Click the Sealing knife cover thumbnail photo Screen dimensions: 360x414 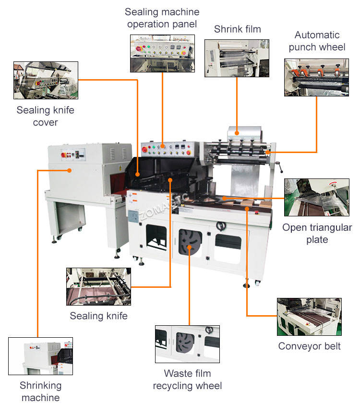click(x=46, y=80)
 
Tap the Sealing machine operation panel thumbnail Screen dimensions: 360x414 click(x=162, y=53)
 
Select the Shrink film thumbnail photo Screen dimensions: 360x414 click(x=237, y=59)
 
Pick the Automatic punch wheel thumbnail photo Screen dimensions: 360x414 click(x=316, y=77)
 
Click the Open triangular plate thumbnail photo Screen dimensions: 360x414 click(x=317, y=197)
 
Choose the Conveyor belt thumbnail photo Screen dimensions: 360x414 click(x=309, y=317)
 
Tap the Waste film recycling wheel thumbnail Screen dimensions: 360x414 click(x=187, y=344)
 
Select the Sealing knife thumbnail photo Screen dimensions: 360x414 click(x=98, y=286)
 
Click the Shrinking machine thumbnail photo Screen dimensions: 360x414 click(x=40, y=356)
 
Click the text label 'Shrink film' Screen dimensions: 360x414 click(x=238, y=29)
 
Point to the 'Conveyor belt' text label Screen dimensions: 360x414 click(x=309, y=346)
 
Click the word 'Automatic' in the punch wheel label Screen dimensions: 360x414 click(x=317, y=35)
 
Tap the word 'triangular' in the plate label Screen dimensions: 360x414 click(x=331, y=227)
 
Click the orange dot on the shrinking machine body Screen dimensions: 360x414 click(x=70, y=171)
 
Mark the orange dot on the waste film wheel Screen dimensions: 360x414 click(x=190, y=248)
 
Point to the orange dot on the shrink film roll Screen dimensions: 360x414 click(x=237, y=133)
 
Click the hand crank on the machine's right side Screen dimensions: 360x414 click(x=279, y=167)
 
